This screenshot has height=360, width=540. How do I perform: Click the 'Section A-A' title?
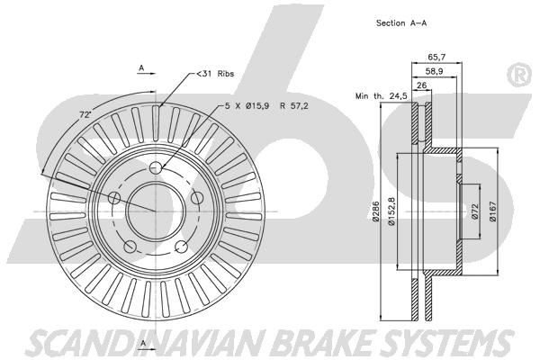point(401,23)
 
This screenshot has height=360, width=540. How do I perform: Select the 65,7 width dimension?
point(436,57)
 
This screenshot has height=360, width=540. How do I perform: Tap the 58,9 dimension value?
point(434,71)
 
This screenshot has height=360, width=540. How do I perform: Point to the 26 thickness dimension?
point(421,85)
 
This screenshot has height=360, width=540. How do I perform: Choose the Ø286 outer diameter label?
point(375,211)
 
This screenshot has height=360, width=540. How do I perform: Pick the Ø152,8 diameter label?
point(391,211)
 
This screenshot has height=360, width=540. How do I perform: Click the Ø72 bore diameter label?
point(474,211)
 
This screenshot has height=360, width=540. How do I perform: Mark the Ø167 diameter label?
point(493,211)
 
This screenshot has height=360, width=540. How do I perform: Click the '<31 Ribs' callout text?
point(215,74)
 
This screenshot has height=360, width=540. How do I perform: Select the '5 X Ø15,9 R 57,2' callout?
point(266,106)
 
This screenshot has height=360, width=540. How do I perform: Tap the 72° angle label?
point(85,114)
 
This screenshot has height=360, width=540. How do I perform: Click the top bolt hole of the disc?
point(156,167)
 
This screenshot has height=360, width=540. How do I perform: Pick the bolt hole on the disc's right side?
point(196,198)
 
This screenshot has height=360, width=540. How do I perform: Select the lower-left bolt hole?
point(130,246)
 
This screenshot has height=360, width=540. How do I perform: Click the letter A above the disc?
point(141,68)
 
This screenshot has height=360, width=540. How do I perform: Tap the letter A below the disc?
point(143,343)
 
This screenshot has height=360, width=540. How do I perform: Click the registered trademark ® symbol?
point(519,75)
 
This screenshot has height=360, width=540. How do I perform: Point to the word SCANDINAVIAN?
point(146,343)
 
